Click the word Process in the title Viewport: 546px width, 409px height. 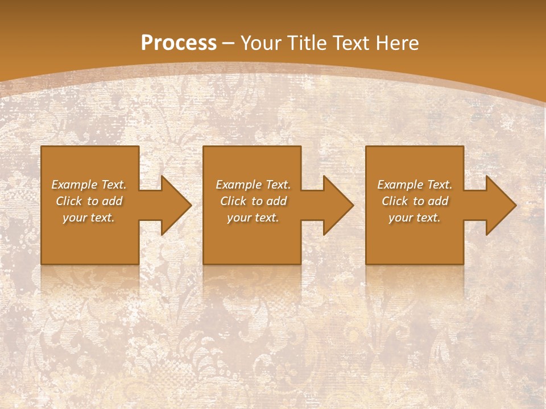click(x=179, y=43)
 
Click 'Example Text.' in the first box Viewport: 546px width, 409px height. click(x=89, y=185)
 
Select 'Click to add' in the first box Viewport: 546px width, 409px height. click(x=89, y=201)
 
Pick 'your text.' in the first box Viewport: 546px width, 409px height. click(x=89, y=218)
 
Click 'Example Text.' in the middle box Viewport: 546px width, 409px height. click(x=253, y=185)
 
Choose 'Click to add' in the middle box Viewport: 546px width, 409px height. click(x=253, y=201)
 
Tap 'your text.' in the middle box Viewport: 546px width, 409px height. click(x=253, y=218)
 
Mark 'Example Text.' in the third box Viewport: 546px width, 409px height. click(x=415, y=185)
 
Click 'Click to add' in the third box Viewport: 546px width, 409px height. click(x=415, y=201)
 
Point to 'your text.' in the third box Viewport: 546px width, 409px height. click(x=415, y=218)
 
